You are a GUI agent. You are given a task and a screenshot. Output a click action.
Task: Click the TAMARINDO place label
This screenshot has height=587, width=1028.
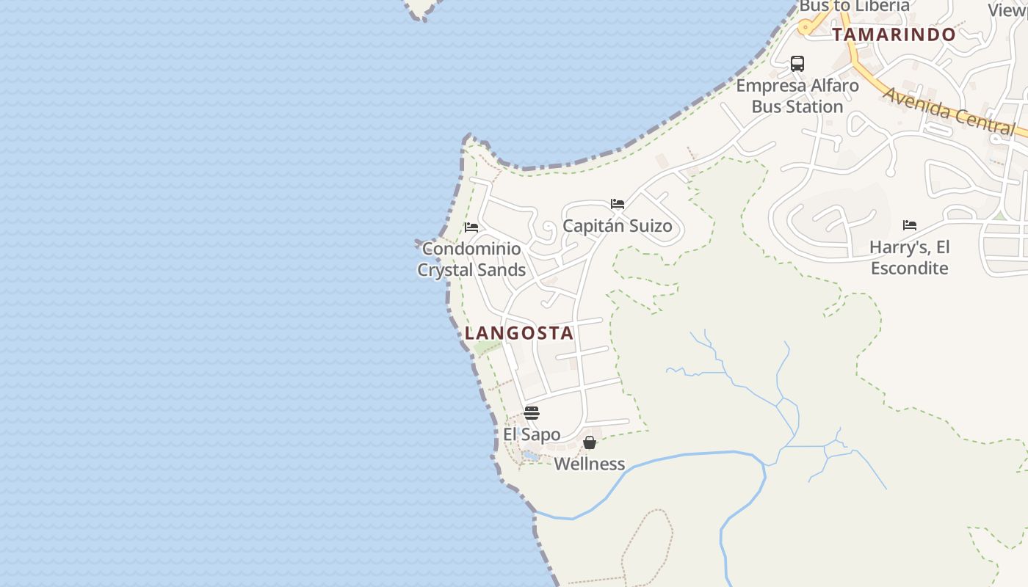click(894, 34)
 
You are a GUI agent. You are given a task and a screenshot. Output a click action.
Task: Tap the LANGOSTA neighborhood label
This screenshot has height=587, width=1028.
click(519, 333)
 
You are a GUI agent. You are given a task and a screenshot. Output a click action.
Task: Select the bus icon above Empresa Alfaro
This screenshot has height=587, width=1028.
click(797, 64)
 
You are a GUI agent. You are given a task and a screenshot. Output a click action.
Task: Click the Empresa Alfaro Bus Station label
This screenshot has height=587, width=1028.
click(797, 96)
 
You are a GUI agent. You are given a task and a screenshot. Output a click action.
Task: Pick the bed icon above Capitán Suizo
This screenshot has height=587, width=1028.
click(618, 204)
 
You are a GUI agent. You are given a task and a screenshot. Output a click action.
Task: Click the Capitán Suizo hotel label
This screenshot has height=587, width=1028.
click(617, 226)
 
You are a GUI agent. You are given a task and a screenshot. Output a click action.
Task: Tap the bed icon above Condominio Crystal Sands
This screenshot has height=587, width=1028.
click(471, 227)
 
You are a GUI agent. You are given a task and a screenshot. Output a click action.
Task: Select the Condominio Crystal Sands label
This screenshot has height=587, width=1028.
click(471, 260)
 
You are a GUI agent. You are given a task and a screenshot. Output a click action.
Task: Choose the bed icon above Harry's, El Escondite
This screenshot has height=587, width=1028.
click(910, 225)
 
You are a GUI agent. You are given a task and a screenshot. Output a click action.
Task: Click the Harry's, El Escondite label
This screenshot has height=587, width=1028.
click(909, 258)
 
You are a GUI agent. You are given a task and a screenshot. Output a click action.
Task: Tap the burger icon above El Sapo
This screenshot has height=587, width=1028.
click(532, 413)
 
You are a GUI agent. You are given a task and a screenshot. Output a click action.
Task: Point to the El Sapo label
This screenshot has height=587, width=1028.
click(532, 434)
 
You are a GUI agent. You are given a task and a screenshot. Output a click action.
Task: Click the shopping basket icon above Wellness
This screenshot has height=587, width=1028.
click(589, 442)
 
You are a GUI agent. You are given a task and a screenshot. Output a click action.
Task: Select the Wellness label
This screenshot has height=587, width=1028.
click(589, 464)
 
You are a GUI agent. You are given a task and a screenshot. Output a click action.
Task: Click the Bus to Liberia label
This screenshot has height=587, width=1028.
click(854, 7)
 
